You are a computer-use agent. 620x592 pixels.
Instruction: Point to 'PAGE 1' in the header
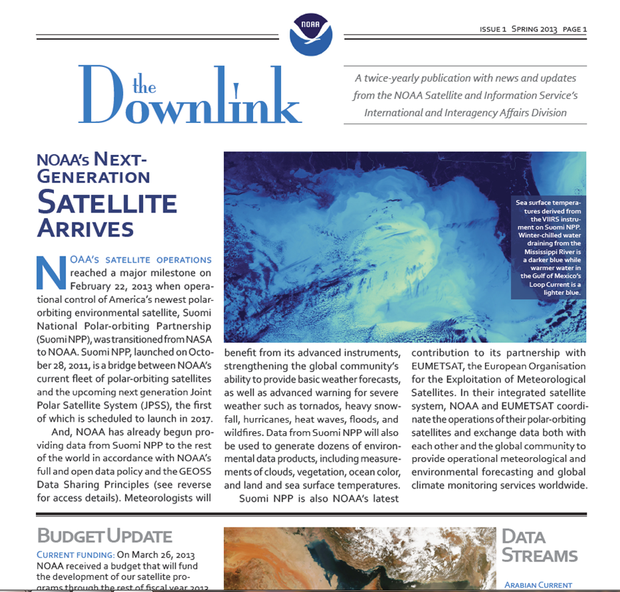(x=574, y=29)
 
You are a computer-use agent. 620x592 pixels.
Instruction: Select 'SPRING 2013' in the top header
(x=534, y=29)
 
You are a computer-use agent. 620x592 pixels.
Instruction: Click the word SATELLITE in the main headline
(x=107, y=202)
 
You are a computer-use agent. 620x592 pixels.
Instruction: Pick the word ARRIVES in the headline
(x=86, y=229)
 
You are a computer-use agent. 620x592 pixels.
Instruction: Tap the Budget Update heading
(x=104, y=536)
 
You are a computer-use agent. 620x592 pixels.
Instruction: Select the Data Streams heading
(x=539, y=546)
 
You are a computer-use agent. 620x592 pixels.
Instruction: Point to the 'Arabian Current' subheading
(x=538, y=585)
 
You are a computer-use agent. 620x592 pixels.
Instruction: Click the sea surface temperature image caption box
(x=548, y=247)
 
